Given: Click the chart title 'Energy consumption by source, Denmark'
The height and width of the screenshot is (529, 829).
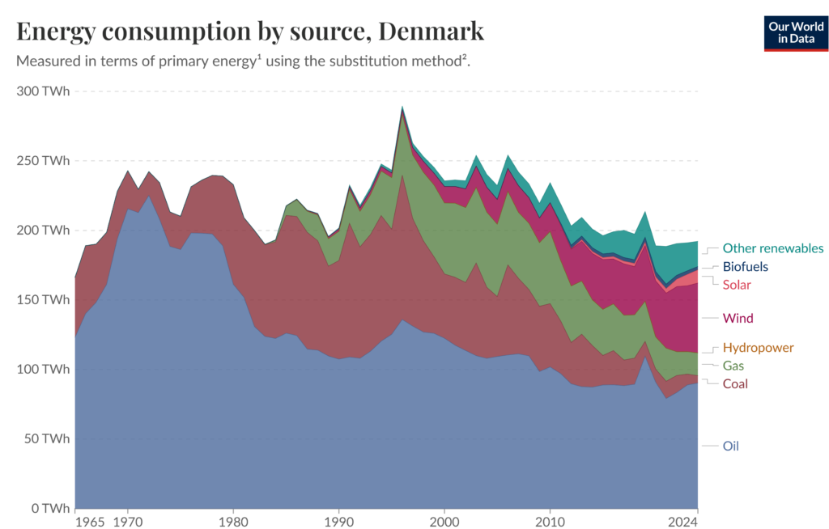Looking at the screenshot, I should [250, 31].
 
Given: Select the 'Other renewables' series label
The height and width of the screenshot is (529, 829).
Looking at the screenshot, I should [772, 248].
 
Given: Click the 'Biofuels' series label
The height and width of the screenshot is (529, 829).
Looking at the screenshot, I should [745, 266].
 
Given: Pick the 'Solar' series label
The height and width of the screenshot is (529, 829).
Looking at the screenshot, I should [737, 285].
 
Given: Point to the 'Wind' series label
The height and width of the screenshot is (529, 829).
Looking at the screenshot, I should [738, 318].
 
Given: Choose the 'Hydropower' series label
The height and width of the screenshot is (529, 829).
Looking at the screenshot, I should [757, 348].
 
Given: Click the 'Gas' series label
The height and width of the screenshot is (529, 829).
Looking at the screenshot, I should [733, 366].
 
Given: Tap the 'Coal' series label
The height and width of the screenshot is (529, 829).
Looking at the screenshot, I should [735, 383].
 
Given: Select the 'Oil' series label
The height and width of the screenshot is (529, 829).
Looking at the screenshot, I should [730, 446].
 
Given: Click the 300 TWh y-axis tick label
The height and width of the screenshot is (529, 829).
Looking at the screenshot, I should [43, 91].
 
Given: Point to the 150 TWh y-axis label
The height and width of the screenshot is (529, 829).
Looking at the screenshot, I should [43, 300].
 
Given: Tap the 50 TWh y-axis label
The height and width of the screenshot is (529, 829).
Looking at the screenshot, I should [46, 438].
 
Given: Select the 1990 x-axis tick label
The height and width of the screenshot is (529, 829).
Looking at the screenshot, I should [339, 521].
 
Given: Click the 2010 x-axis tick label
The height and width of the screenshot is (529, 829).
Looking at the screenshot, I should [550, 521].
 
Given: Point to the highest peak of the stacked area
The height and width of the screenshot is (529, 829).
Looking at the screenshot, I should [402, 108].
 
